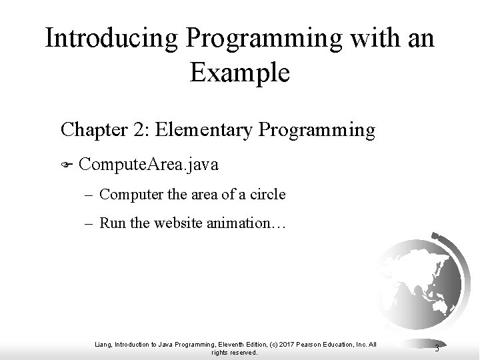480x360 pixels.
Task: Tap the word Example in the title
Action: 240,72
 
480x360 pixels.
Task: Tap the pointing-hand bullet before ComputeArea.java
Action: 66,164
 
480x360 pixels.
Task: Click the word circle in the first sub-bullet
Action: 269,195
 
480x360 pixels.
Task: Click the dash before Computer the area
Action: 90,195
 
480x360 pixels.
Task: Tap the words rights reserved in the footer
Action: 234,352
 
